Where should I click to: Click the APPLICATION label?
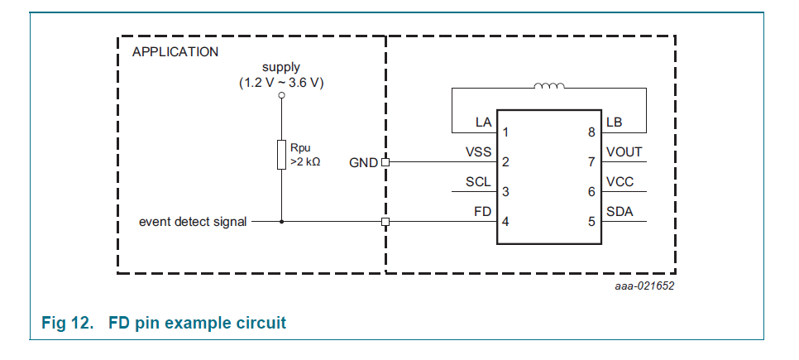tap(175, 51)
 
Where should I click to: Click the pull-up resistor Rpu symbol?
tap(281, 155)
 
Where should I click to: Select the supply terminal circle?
tap(281, 96)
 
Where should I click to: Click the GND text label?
tap(364, 161)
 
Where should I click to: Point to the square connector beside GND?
tap(385, 162)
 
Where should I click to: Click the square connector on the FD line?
tap(385, 222)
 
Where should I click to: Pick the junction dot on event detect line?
tap(281, 222)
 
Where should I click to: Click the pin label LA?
tap(483, 122)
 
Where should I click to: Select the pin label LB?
tap(614, 122)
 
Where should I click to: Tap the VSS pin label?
tap(479, 152)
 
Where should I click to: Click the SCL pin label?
tap(479, 182)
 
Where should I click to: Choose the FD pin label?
tap(483, 212)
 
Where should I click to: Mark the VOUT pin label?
tap(624, 152)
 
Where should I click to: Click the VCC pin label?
tap(620, 182)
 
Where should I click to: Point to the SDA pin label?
tap(620, 212)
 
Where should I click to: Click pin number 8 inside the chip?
tap(591, 132)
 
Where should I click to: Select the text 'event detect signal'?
tap(193, 222)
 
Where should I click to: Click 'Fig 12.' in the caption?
tap(67, 323)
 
